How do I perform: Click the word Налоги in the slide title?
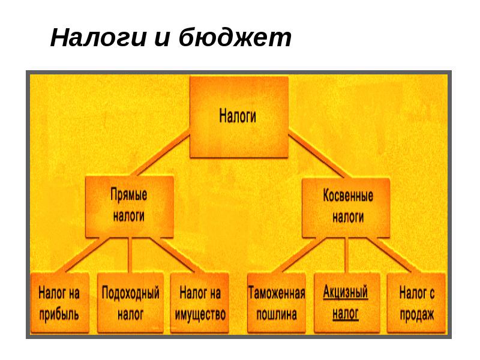(98, 38)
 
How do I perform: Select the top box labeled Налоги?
(239, 116)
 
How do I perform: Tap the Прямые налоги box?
(129, 206)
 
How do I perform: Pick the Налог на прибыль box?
(59, 303)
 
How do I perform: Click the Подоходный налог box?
(130, 303)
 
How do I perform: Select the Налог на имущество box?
(200, 303)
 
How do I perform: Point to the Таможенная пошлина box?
(276, 303)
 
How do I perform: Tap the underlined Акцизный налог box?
(346, 303)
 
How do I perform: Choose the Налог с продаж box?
(416, 303)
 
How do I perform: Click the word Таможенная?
(276, 293)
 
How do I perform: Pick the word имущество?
(200, 314)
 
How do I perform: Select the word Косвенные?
(347, 196)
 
